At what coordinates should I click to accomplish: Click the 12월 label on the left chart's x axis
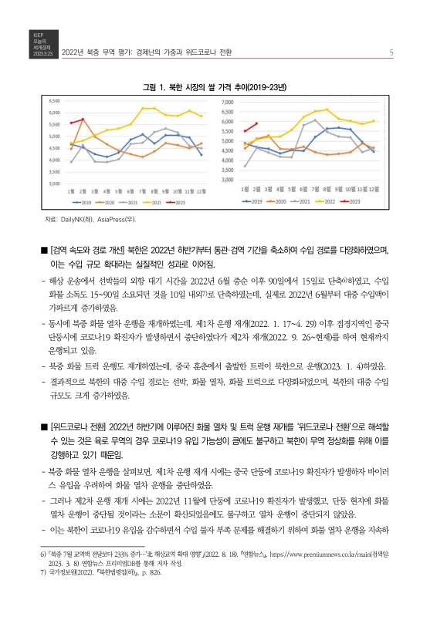click(x=201, y=190)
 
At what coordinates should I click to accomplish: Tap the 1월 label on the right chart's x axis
click(x=246, y=187)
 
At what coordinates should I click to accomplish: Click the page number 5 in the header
click(x=392, y=53)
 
